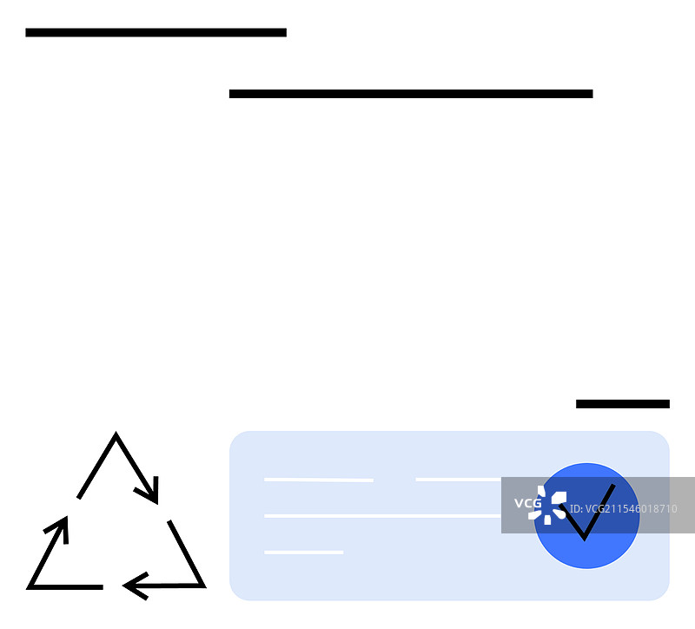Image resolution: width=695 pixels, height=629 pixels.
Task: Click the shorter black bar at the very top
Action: pos(156,32)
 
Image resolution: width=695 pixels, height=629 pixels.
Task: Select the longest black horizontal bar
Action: pos(411,94)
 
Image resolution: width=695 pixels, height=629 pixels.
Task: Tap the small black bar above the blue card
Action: pos(623,404)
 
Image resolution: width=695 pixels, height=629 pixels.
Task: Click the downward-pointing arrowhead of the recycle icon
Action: pos(149,492)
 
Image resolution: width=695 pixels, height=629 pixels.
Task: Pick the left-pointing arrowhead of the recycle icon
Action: pos(135,586)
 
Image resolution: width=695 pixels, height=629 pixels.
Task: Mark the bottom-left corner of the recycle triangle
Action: pos(29,588)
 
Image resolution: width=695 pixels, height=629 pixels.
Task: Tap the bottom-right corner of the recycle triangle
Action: pos(204,587)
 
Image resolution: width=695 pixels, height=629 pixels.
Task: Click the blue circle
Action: pos(586,515)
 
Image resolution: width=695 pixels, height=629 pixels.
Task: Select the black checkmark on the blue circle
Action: pos(587,513)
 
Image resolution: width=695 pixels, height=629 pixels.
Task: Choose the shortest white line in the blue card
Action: pos(303,553)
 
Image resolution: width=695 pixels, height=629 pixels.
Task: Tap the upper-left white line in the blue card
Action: pos(319,480)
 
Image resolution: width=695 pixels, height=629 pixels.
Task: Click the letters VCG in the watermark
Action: pos(527,503)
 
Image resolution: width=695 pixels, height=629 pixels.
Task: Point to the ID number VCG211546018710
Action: pos(623,508)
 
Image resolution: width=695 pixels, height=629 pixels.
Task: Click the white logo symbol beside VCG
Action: pos(548,506)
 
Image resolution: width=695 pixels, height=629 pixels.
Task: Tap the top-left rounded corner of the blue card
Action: pos(235,437)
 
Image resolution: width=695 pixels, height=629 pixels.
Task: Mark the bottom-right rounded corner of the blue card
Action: pos(664,595)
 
